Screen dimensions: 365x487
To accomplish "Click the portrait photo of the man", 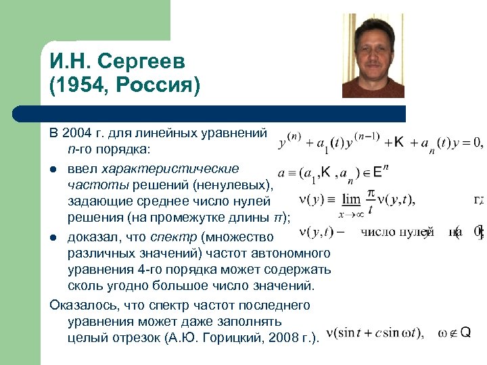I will (x=373, y=56).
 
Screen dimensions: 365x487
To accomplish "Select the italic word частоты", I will (x=92, y=184).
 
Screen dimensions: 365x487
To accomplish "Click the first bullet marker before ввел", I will (x=53, y=168).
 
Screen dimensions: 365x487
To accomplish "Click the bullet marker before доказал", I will (x=53, y=237).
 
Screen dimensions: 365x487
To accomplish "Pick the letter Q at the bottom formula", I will (x=465, y=333).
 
